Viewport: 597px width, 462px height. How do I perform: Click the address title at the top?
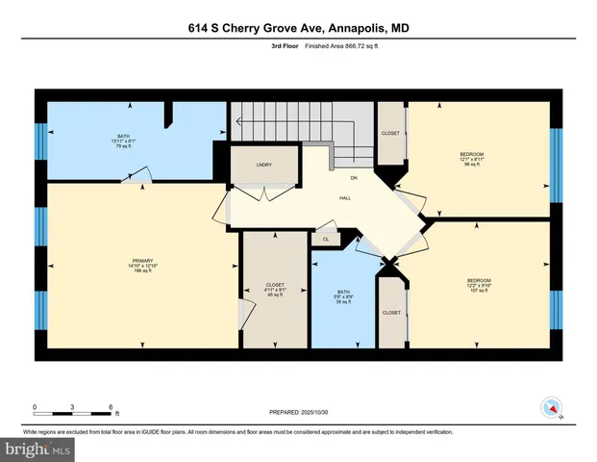[299, 29]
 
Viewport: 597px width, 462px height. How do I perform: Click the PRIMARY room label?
[143, 261]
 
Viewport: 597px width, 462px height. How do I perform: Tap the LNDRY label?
[263, 165]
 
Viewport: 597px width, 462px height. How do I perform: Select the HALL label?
[344, 198]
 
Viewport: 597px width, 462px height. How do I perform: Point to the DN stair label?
[354, 178]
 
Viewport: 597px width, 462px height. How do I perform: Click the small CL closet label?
[326, 239]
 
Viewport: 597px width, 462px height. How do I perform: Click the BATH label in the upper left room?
[123, 137]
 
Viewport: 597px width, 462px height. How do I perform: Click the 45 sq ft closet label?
[274, 295]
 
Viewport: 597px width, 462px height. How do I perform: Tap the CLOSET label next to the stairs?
[390, 134]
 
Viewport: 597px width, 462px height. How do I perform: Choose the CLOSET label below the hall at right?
[391, 313]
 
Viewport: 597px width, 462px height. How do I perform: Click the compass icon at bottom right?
[552, 407]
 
